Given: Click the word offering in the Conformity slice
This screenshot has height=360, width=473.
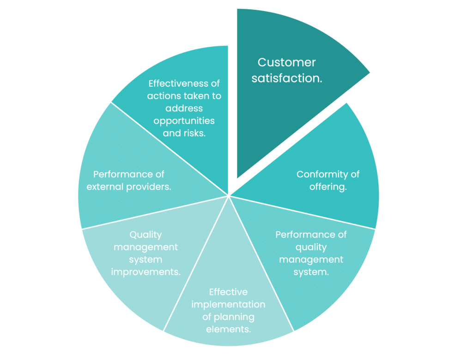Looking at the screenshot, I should (330, 187).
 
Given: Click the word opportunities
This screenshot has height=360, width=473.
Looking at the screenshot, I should (184, 120).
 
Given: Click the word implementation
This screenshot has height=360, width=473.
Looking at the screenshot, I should (228, 305).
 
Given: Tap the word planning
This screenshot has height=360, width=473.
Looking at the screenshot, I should (237, 317).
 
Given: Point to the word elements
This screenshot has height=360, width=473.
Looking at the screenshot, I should (228, 330).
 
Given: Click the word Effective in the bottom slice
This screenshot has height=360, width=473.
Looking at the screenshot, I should (228, 292).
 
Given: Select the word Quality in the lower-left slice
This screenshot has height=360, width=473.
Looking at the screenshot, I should (146, 234).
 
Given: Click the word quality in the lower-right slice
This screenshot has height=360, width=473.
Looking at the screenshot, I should (311, 247).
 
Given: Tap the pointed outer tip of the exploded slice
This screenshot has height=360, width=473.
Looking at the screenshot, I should (370, 72).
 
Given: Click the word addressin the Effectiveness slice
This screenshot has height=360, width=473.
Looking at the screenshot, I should (184, 108).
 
